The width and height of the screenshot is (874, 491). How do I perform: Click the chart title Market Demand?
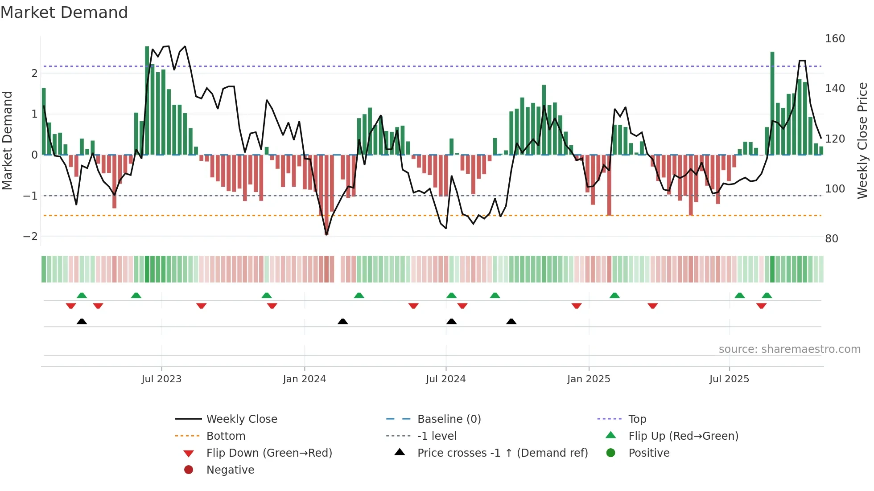(x=64, y=12)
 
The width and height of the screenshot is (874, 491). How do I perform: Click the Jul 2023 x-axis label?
(x=161, y=379)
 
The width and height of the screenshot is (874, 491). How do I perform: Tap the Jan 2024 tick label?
(x=304, y=379)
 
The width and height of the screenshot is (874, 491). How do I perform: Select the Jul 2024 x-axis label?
(x=445, y=379)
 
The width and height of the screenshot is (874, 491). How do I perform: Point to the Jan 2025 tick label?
(x=589, y=379)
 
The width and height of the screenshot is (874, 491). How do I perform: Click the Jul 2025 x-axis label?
(x=729, y=379)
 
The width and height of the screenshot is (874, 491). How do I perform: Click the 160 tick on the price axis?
(x=835, y=39)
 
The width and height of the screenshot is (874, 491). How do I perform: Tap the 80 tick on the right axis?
(x=832, y=239)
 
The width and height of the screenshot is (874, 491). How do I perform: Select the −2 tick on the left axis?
(x=30, y=237)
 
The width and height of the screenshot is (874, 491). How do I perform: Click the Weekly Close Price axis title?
(x=862, y=140)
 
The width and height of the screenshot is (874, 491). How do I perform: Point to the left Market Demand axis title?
(x=7, y=140)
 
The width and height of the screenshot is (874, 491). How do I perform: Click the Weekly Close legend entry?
(x=241, y=419)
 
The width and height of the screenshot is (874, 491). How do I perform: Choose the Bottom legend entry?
(x=226, y=436)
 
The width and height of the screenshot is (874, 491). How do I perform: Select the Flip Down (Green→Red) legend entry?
(x=269, y=453)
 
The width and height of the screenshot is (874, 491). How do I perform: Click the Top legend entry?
(x=637, y=419)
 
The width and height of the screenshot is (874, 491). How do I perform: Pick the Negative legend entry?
(x=230, y=470)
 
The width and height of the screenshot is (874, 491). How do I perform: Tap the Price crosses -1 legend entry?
(x=502, y=453)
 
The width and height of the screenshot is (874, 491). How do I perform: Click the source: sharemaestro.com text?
(x=789, y=349)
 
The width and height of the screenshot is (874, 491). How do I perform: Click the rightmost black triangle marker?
(x=511, y=322)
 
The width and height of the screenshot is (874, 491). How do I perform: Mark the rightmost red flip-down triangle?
(x=761, y=306)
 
